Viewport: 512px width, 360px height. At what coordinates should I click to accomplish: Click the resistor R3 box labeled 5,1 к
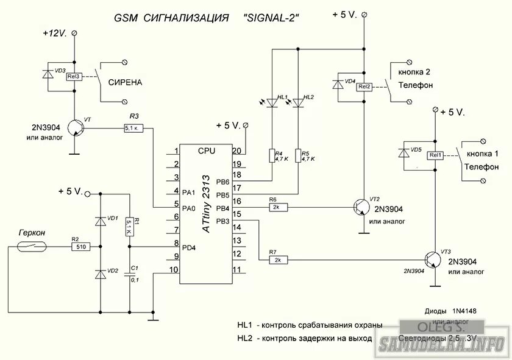coord(133,128)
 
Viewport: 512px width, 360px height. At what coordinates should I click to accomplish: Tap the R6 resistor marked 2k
coord(277,207)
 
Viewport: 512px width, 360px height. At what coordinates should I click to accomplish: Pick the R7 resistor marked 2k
coord(277,260)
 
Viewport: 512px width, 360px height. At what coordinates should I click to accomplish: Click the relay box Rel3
coord(74,77)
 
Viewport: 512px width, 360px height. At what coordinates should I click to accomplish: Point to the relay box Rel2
coord(364,86)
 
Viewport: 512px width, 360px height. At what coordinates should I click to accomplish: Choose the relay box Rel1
coord(435,155)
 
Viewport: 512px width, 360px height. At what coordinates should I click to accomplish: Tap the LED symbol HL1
coord(272,102)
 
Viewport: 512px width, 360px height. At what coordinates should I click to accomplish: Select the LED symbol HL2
coord(298,102)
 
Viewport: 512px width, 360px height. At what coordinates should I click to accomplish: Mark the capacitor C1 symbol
coord(129,275)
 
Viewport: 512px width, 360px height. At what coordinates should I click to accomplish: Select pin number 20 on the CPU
coord(238,151)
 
